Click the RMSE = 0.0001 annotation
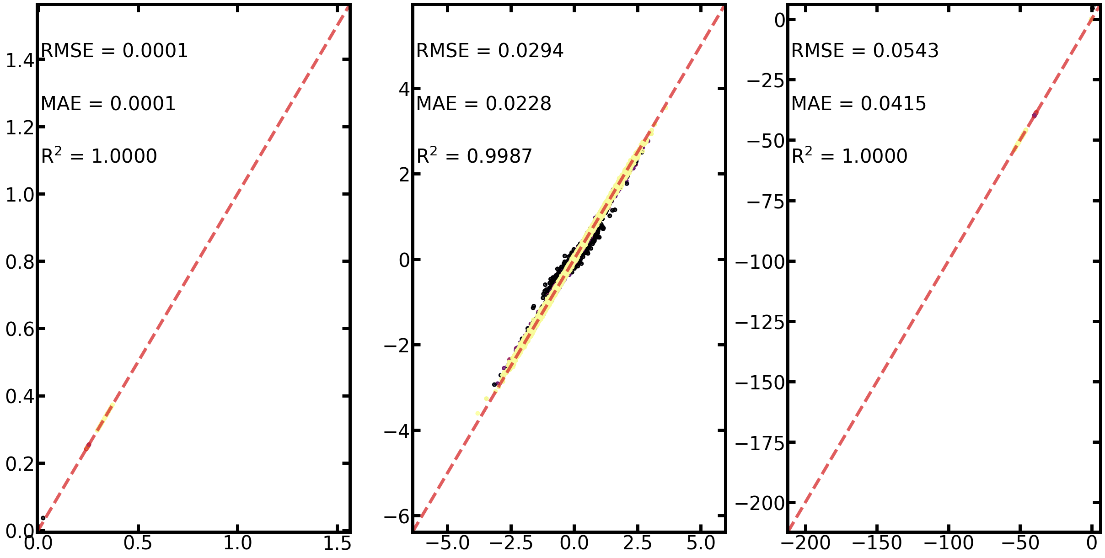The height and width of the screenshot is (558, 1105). pos(114,51)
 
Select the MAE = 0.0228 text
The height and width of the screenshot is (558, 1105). pos(484,104)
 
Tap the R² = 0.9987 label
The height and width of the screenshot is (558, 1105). pos(474,156)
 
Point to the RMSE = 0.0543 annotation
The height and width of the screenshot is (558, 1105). pos(865,51)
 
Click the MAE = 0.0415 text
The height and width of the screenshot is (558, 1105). pos(859,104)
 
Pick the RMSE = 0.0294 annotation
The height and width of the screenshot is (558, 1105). pos(490,51)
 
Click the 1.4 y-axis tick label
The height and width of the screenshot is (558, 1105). pos(20,61)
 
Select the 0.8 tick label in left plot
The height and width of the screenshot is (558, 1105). pos(20,262)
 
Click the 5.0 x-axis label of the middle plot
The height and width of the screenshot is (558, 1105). pos(701,543)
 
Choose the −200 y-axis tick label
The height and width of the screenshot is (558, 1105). pos(760,504)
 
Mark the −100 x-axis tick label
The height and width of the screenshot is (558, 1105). pos(949,543)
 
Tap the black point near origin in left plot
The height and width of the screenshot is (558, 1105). pos(43,518)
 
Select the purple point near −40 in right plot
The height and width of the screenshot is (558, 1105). pos(1035,115)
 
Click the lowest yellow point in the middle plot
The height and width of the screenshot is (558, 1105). pos(477,414)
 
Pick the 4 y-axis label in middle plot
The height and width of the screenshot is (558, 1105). pos(404,90)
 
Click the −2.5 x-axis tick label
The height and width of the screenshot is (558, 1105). pos(511,543)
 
